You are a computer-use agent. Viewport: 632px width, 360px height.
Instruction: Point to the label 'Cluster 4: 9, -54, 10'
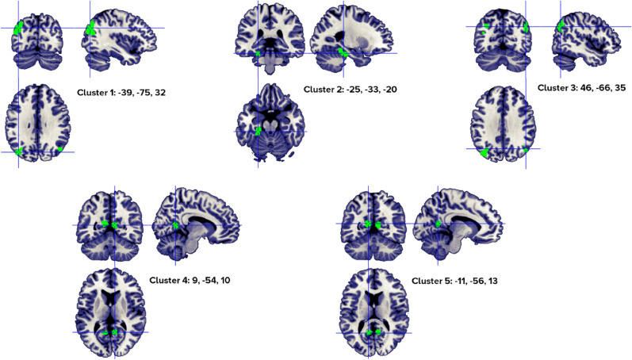[x=190, y=280]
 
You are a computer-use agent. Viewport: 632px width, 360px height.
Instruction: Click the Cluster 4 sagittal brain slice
[x=195, y=225]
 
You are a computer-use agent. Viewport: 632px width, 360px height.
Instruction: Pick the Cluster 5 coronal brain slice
[x=373, y=222]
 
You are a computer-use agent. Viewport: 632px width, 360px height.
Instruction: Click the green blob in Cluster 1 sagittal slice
[x=91, y=27]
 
